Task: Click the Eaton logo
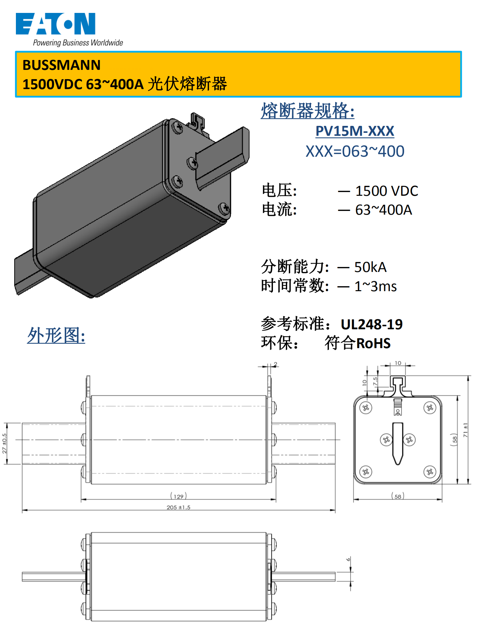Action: (x=56, y=24)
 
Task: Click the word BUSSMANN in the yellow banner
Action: (x=62, y=65)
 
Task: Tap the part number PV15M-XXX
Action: (x=355, y=131)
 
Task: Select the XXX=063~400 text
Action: (x=355, y=151)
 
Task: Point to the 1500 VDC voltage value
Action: (x=387, y=191)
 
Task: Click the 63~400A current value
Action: (x=384, y=210)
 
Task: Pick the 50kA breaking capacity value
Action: (x=370, y=267)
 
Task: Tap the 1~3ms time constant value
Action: (x=375, y=287)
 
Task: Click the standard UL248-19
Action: (x=372, y=324)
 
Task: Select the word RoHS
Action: (x=374, y=344)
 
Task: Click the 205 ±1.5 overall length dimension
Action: (x=179, y=507)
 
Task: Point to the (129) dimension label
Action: (x=179, y=496)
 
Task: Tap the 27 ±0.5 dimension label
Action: (x=4, y=444)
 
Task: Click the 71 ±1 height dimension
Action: (x=466, y=430)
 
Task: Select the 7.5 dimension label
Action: (x=375, y=381)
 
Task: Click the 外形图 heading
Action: (x=56, y=336)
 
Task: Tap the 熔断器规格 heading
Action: (x=308, y=111)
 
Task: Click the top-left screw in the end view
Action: (x=366, y=408)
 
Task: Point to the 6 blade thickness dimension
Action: (x=348, y=559)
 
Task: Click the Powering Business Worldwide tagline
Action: (x=78, y=43)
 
